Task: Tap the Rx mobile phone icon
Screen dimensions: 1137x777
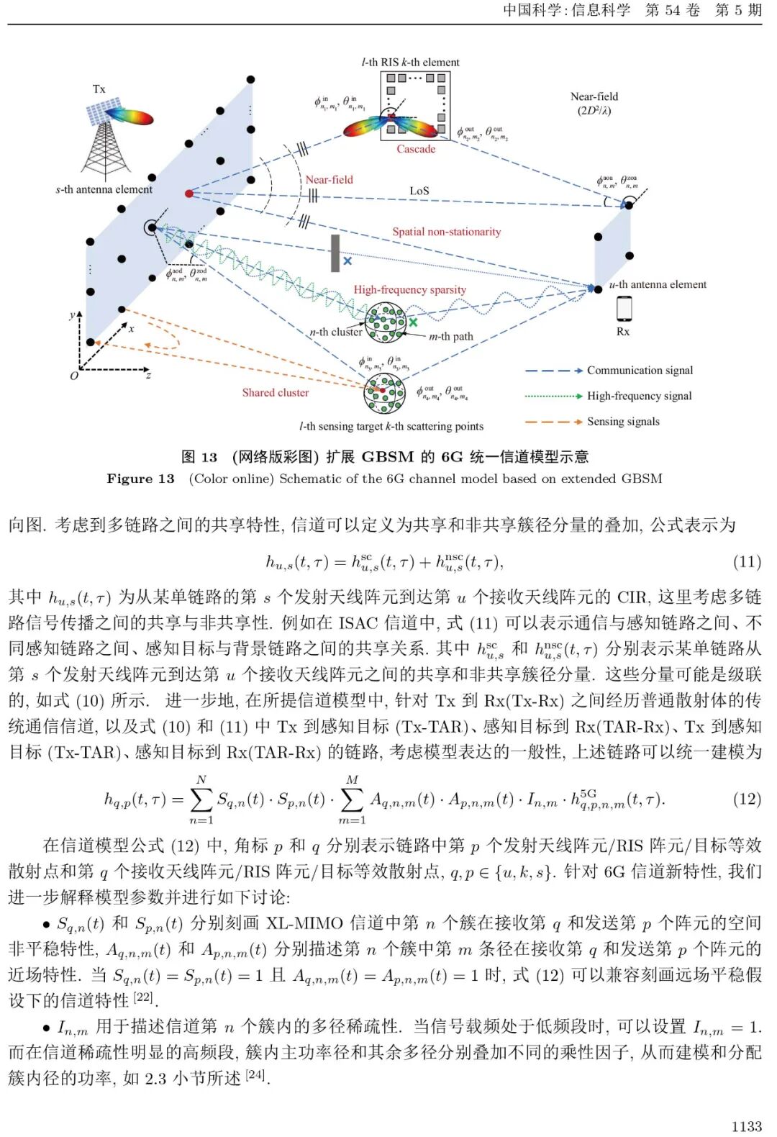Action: tap(624, 308)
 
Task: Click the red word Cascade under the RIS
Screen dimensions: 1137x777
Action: tap(416, 149)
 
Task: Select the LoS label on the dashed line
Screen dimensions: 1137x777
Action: tap(419, 191)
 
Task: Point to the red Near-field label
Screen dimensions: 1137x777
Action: tap(329, 179)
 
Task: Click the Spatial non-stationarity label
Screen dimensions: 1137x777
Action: tap(446, 232)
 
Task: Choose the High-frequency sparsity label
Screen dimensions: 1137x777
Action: tap(409, 289)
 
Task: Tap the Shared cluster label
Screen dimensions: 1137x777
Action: tap(275, 392)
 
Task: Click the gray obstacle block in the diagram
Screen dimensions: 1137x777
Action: tap(335, 253)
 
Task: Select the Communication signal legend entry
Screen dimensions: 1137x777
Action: tap(640, 370)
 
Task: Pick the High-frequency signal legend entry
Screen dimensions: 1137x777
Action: tap(639, 396)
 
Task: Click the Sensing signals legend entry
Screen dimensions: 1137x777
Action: tap(623, 422)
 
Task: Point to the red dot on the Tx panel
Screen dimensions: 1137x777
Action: tap(189, 194)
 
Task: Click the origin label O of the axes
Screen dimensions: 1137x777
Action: tap(73, 376)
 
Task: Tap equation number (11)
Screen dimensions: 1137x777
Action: tap(747, 561)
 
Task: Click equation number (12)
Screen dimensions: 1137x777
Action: tap(747, 799)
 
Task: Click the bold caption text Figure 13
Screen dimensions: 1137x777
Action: tap(140, 479)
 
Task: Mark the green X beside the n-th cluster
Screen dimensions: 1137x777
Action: tap(413, 322)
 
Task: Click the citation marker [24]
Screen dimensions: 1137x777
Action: tap(255, 1075)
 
